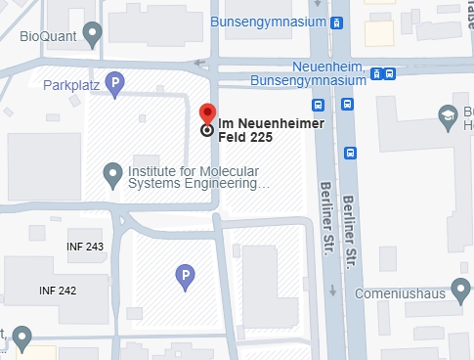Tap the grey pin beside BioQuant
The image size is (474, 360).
[93, 36]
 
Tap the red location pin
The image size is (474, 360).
[207, 113]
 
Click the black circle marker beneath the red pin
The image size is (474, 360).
[207, 129]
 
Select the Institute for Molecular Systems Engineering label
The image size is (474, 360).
[195, 176]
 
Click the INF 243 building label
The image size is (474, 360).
[85, 246]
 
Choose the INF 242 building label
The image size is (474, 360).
[58, 291]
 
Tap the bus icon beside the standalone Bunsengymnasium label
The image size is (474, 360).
[336, 22]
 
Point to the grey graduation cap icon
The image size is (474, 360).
[449, 114]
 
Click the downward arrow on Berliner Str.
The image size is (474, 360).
[333, 291]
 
